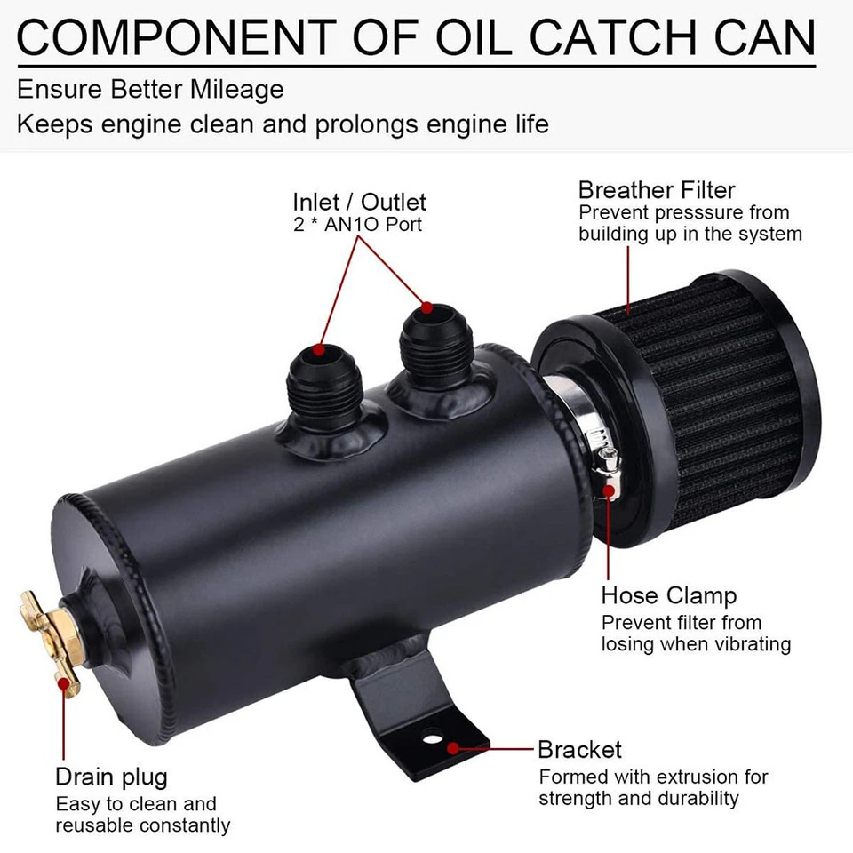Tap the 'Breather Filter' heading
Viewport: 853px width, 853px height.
point(657,190)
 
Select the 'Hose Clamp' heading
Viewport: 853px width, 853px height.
point(669,594)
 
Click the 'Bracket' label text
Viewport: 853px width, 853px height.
point(579,749)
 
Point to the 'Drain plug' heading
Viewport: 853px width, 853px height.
point(111,777)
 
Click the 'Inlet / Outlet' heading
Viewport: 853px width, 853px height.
point(359,202)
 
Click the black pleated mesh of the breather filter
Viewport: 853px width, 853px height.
point(711,409)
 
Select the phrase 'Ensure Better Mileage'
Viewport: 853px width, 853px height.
point(150,89)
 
